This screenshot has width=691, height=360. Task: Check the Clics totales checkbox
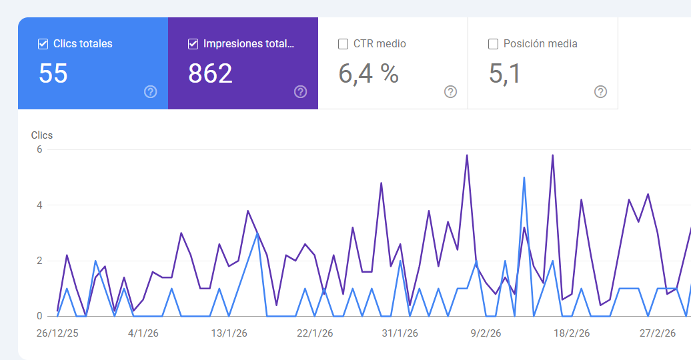[x=43, y=44]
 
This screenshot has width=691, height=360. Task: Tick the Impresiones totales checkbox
[x=193, y=44]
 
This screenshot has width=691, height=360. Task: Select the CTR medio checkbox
[x=343, y=44]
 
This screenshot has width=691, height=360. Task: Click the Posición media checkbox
[x=494, y=44]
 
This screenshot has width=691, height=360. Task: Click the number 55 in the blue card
[x=53, y=73]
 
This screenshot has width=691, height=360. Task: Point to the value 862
[x=210, y=73]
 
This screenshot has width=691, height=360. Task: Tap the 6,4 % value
[x=368, y=73]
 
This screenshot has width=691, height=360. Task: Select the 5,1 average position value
[x=505, y=73]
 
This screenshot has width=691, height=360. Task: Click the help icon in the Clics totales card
[x=151, y=92]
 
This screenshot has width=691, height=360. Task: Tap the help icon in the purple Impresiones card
[x=301, y=92]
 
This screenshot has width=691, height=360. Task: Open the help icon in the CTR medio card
[x=451, y=92]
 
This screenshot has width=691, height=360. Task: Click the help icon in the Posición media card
[x=601, y=92]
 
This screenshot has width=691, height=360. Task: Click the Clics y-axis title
[x=42, y=135]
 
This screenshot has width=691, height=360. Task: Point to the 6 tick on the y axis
[x=39, y=149]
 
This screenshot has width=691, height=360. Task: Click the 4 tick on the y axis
[x=39, y=205]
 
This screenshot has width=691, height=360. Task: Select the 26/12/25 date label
[x=57, y=333]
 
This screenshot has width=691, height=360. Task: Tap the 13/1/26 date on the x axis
[x=229, y=333]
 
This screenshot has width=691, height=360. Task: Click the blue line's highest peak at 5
[x=524, y=178]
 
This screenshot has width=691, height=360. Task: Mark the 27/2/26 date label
[x=658, y=333]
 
